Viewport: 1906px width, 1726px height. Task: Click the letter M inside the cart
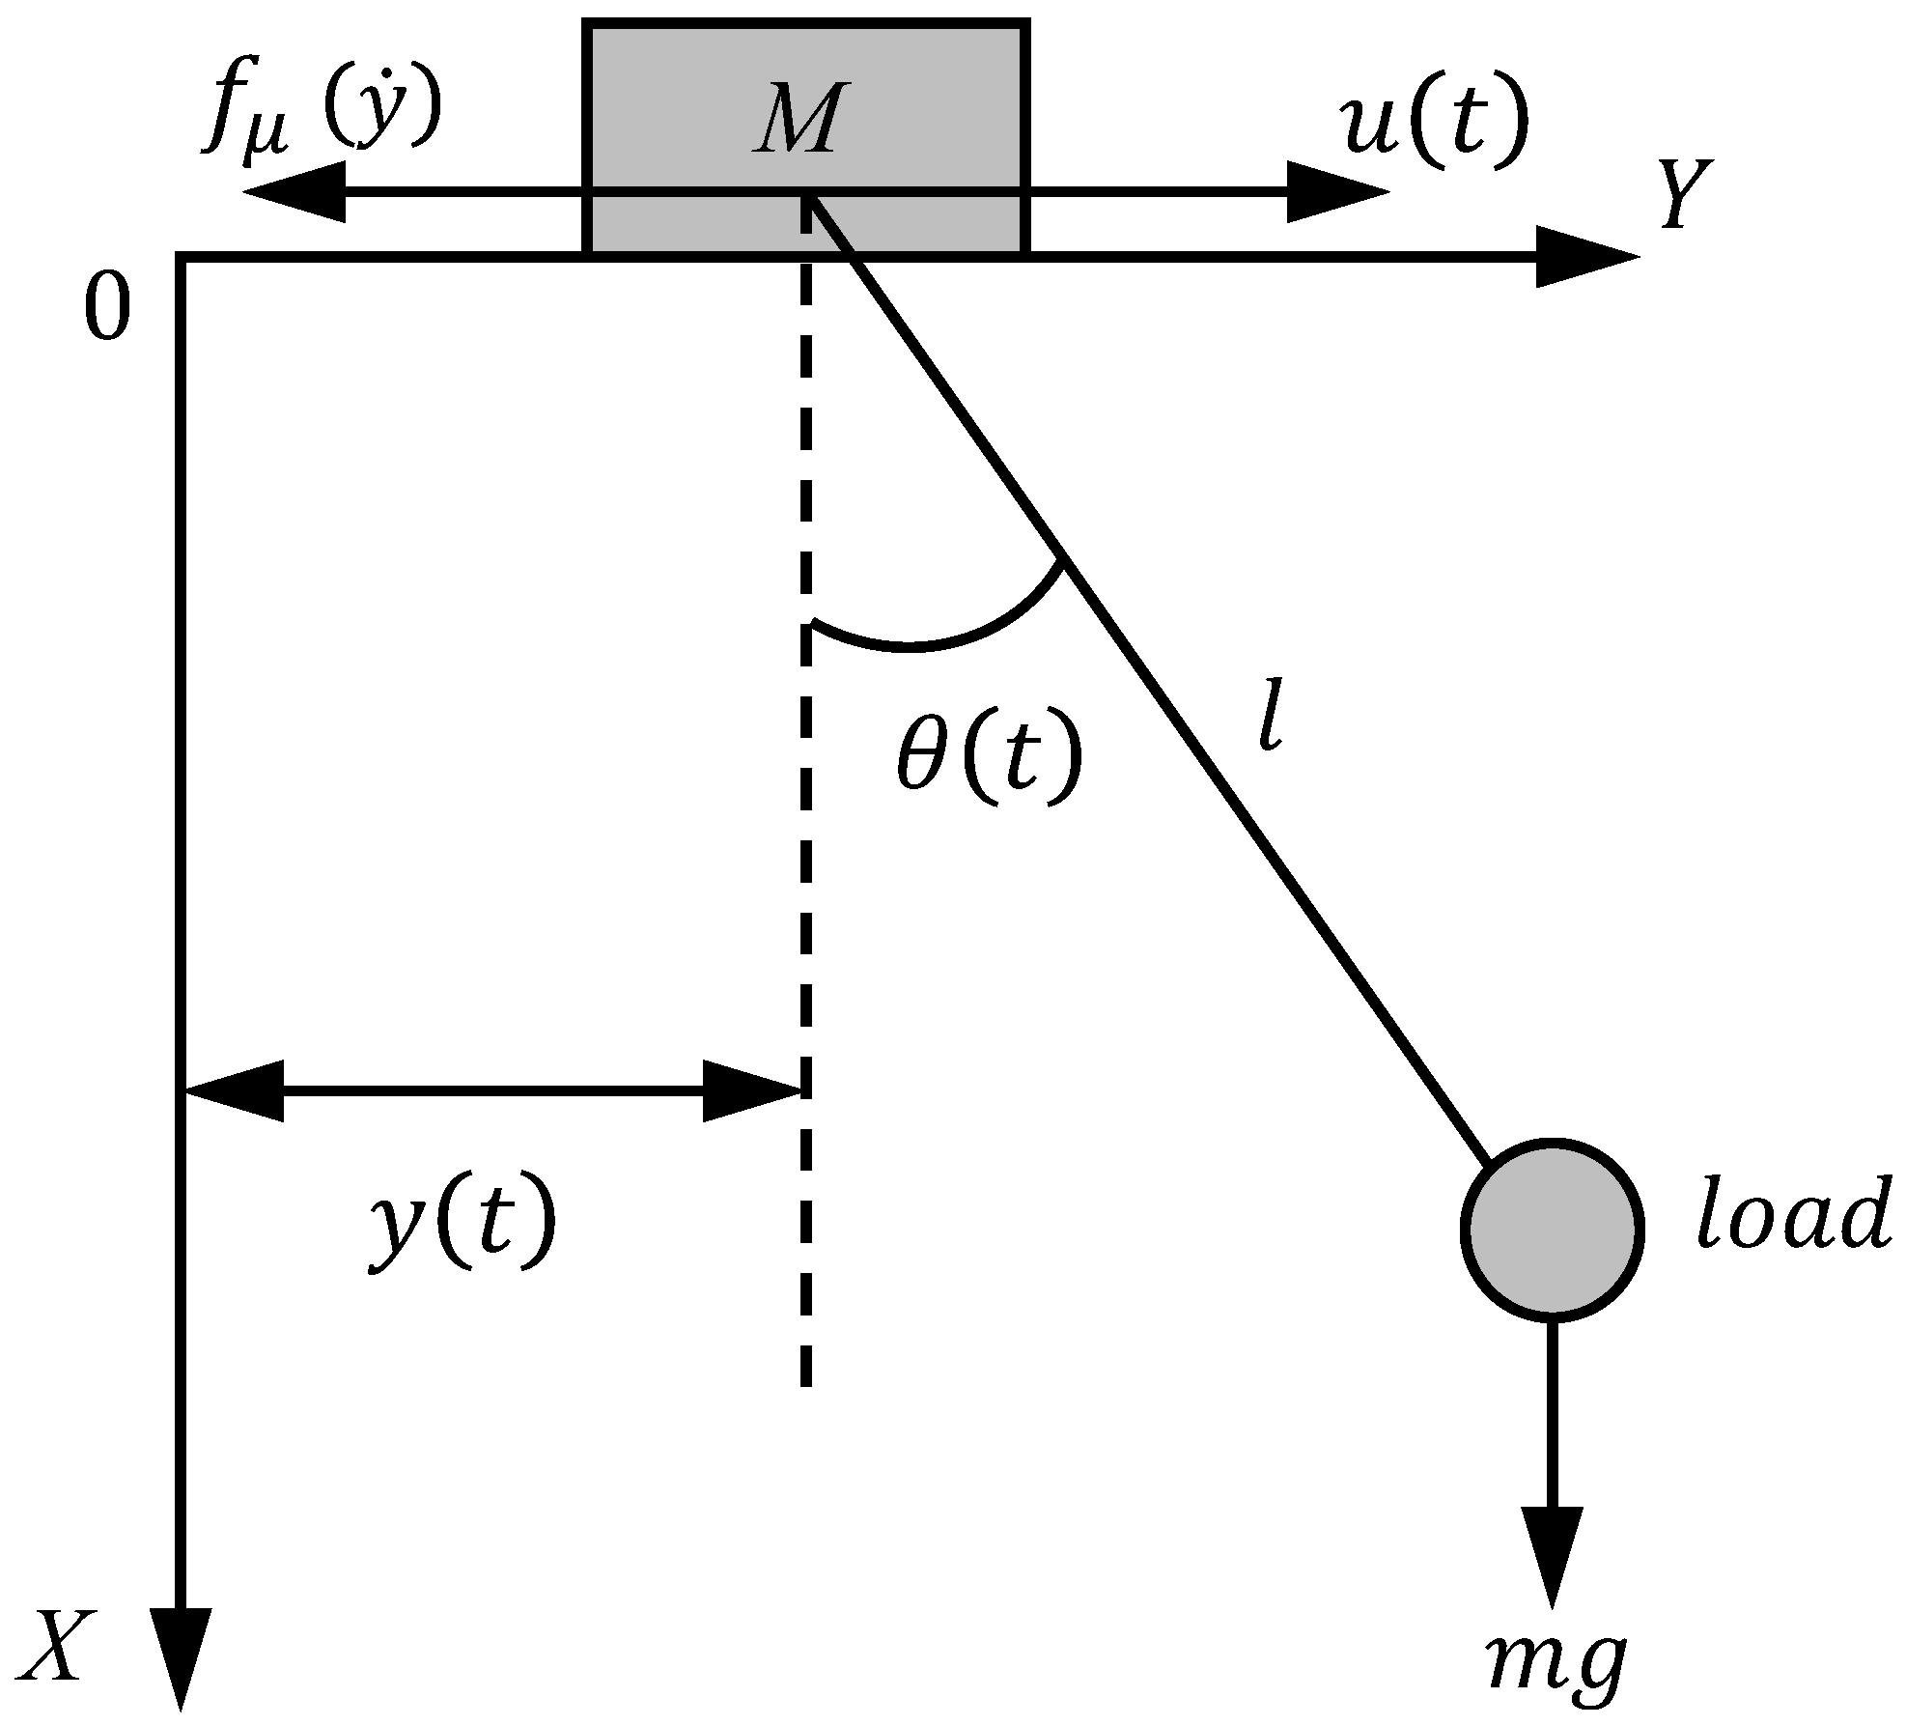[x=794, y=120]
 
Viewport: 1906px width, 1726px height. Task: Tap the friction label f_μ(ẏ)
[x=322, y=114]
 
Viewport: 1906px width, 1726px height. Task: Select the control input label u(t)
[x=1436, y=123]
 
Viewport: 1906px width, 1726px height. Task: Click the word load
[x=1792, y=1215]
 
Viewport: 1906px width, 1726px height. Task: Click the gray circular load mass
[x=1552, y=1229]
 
